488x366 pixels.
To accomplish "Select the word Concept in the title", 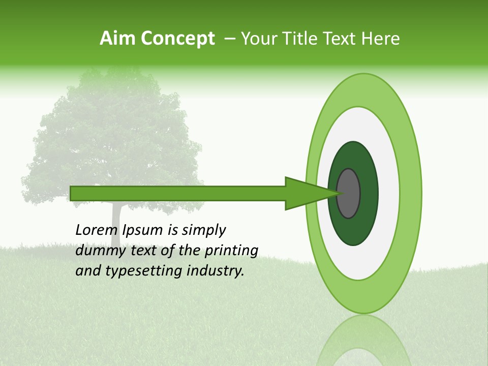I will click(x=177, y=39).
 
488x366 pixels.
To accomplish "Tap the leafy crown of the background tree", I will click(x=112, y=132).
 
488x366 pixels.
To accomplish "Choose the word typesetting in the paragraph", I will click(x=137, y=271).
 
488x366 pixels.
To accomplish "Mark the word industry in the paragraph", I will click(x=215, y=271).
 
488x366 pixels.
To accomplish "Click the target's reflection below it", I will click(x=363, y=341).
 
